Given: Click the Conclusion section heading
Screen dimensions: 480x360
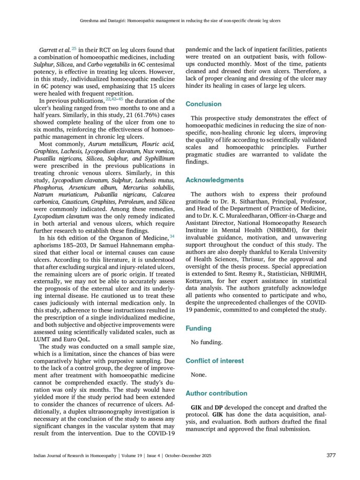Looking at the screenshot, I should click(x=203, y=104).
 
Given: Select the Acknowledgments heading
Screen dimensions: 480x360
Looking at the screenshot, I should click(x=215, y=180).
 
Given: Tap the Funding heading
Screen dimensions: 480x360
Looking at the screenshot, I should click(x=198, y=329).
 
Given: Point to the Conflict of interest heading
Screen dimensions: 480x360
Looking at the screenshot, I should click(x=215, y=361).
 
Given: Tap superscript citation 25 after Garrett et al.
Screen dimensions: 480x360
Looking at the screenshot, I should click(x=74, y=48).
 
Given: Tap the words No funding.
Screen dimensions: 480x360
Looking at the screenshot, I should click(x=207, y=343).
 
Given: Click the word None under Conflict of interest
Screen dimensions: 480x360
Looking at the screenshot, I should click(x=199, y=375).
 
